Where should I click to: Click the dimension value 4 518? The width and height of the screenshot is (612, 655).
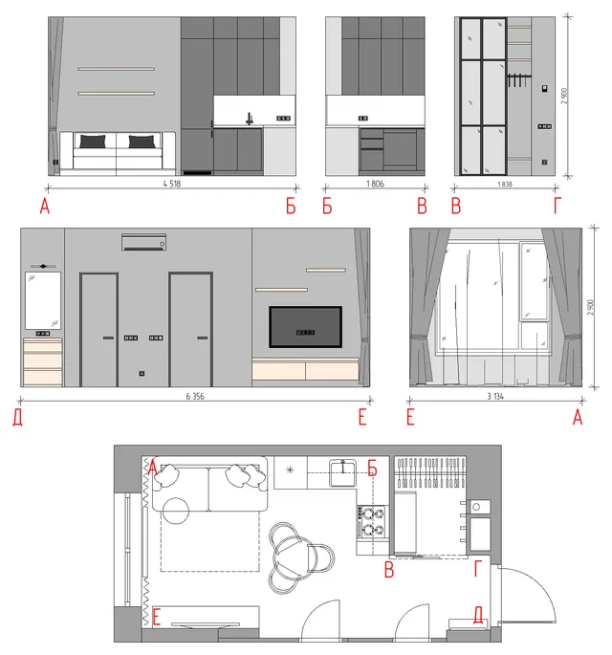[x=172, y=184]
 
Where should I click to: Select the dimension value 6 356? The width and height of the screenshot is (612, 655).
[x=195, y=396]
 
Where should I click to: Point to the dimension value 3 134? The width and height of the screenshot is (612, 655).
[x=495, y=396]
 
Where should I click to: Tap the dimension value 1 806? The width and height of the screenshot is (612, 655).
[x=375, y=184]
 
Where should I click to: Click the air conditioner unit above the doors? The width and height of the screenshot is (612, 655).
[x=143, y=242]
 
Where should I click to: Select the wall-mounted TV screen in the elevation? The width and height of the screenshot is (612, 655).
[x=305, y=327]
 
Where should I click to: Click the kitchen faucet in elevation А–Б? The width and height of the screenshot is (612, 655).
[x=249, y=119]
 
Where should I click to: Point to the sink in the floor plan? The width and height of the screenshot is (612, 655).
[x=342, y=472]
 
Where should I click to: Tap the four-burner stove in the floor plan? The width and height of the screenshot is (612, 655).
[x=371, y=521]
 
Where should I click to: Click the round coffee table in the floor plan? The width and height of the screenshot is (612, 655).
[x=176, y=511]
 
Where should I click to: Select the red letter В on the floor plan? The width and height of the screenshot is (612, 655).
[x=389, y=570]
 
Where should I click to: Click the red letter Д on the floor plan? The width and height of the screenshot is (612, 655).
[x=478, y=615]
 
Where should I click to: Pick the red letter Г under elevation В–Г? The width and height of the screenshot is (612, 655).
[x=557, y=206]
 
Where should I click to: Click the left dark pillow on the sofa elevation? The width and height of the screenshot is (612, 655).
[x=93, y=142]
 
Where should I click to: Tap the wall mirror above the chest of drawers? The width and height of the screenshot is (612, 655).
[x=43, y=301]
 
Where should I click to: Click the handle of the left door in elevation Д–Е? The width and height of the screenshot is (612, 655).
[x=108, y=338]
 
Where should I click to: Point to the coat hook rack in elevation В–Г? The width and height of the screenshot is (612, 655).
[x=518, y=80]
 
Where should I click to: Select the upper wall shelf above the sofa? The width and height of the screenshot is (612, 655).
[x=116, y=69]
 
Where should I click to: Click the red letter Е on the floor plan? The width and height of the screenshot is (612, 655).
[x=157, y=618]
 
